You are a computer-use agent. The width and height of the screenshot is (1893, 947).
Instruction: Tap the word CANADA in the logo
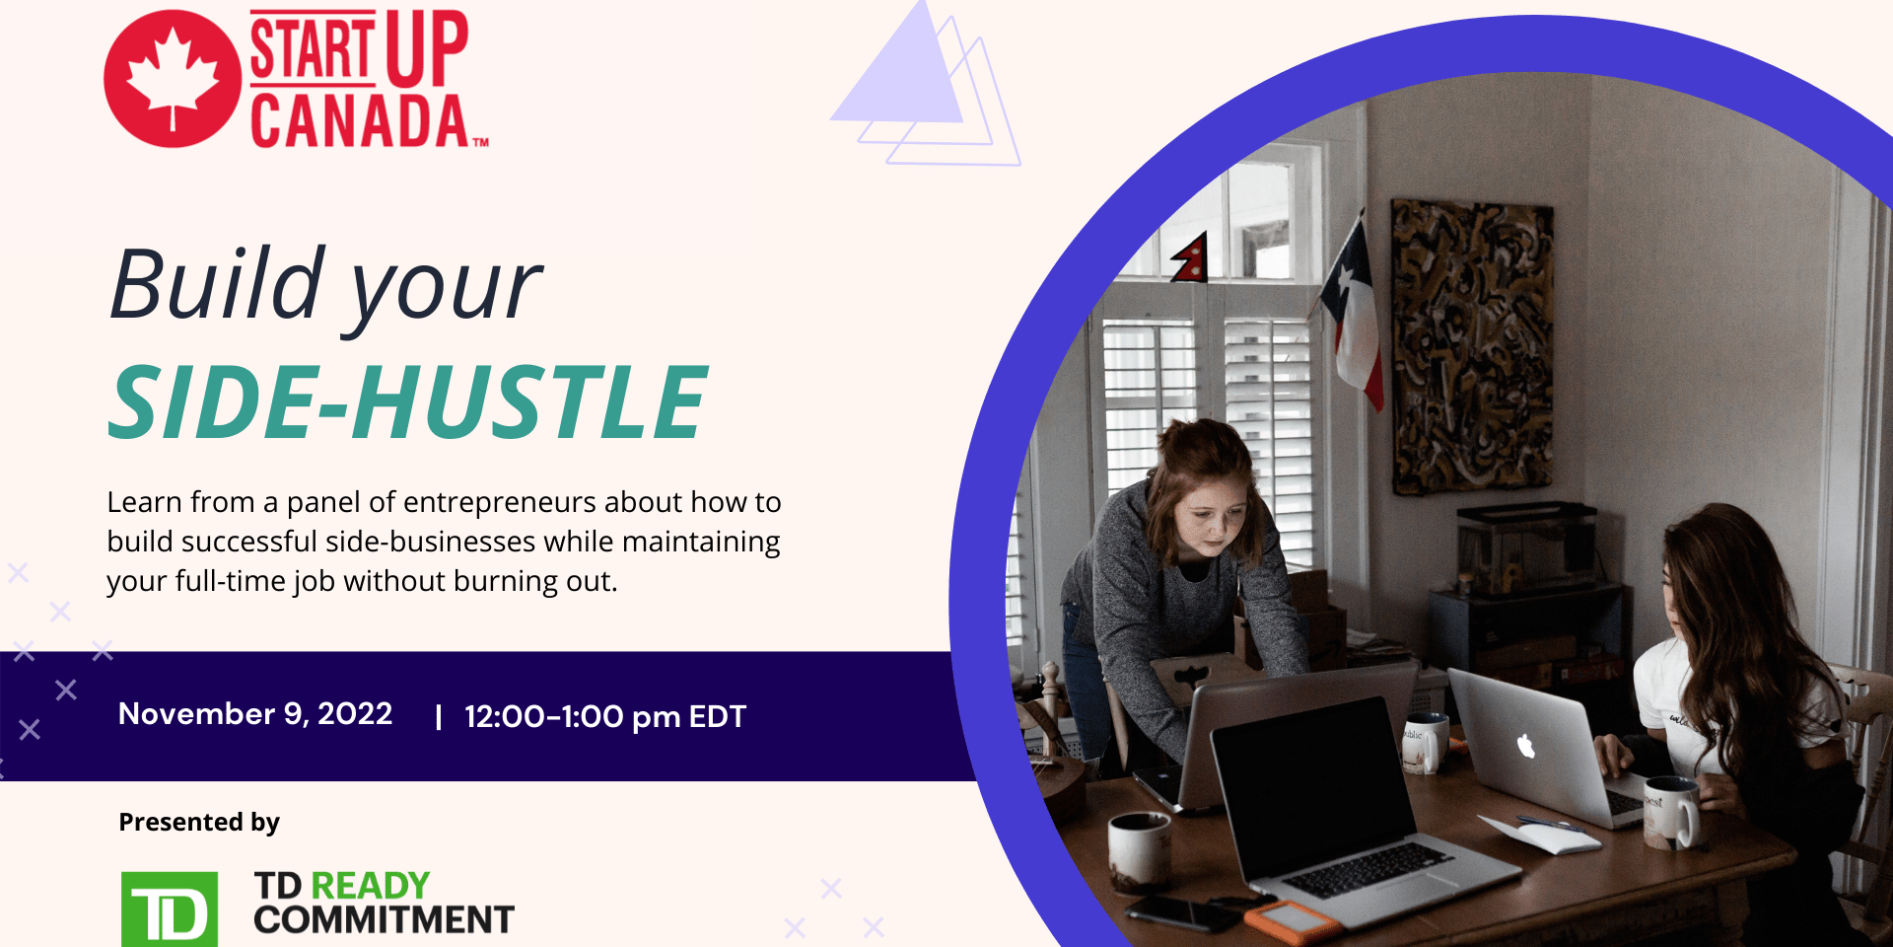click(x=360, y=121)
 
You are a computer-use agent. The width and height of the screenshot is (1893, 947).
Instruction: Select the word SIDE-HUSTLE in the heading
click(x=407, y=401)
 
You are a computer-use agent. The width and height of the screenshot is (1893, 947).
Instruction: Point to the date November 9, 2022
click(x=255, y=713)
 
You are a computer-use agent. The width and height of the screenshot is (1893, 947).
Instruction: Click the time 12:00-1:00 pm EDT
click(x=605, y=716)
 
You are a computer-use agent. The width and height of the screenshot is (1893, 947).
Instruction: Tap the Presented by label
click(x=199, y=822)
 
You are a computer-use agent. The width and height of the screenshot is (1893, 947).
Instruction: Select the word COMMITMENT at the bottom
click(x=384, y=919)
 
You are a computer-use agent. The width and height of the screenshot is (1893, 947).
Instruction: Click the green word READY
click(x=370, y=885)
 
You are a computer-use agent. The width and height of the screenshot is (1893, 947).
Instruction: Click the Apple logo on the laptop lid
click(x=1526, y=746)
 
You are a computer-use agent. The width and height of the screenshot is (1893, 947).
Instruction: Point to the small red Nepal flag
click(x=1190, y=259)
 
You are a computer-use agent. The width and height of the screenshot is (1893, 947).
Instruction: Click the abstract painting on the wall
click(x=1471, y=346)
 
